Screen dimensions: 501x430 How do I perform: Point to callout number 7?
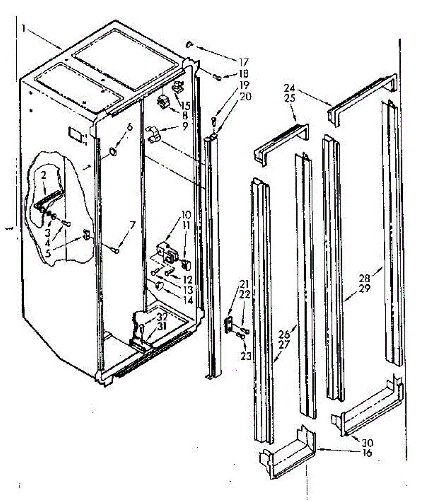click(x=132, y=225)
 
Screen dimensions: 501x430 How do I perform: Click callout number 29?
click(x=365, y=288)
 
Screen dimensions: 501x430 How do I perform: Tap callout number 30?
click(x=368, y=443)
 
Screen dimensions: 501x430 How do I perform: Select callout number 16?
click(x=368, y=453)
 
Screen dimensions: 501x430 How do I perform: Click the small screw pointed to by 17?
click(x=190, y=44)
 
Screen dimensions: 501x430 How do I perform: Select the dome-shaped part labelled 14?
click(x=159, y=286)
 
